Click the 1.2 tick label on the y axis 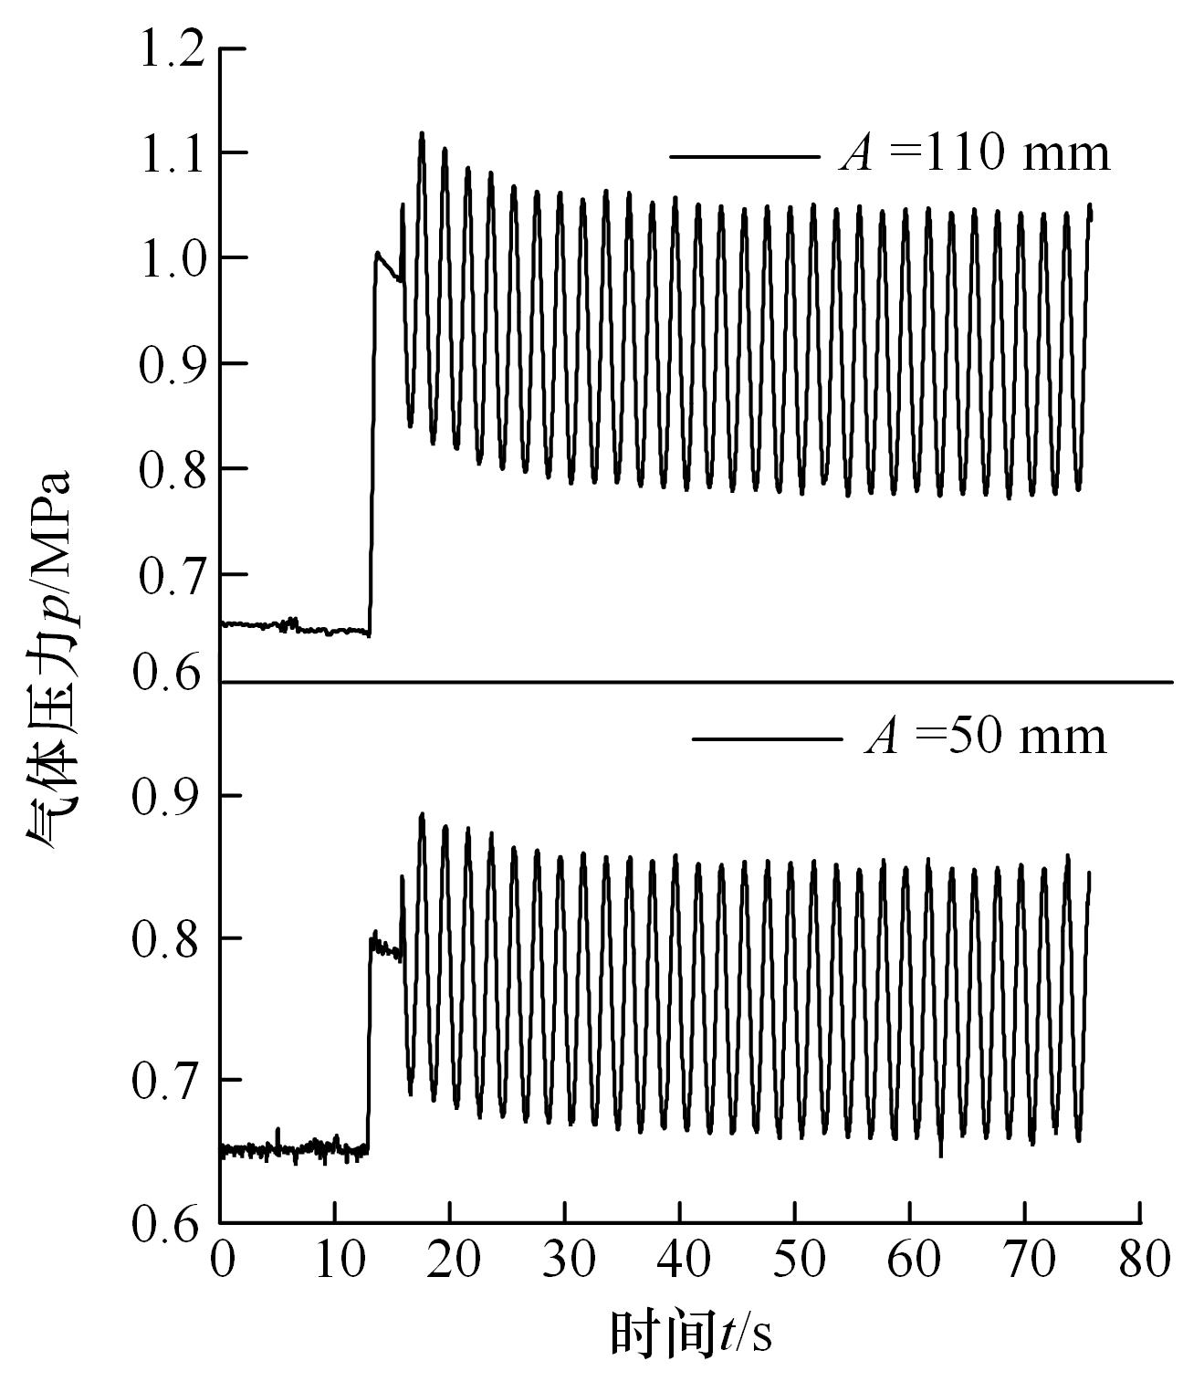click(170, 48)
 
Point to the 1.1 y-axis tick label click(170, 152)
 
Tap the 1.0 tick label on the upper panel click(170, 258)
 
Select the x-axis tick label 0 click(221, 1261)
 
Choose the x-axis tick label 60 click(910, 1261)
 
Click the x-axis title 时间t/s click(690, 1334)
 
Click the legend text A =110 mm click(975, 153)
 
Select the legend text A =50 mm click(986, 736)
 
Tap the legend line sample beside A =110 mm click(744, 156)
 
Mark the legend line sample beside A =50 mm click(767, 738)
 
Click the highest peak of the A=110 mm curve click(422, 133)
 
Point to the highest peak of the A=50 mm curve click(422, 814)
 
